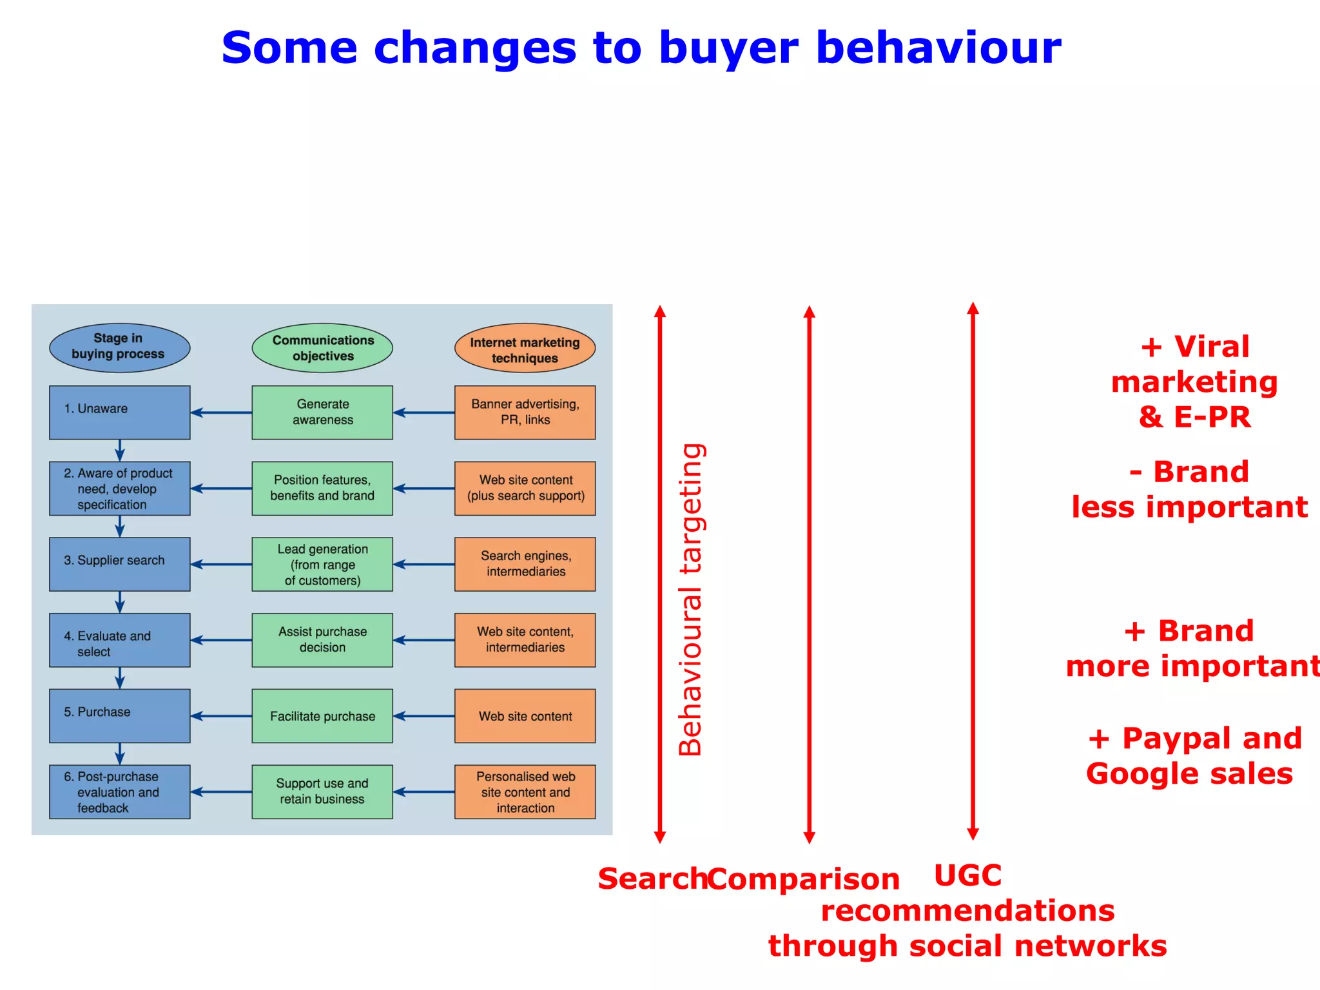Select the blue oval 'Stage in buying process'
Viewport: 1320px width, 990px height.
119,347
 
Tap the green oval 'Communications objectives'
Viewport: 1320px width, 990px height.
322,348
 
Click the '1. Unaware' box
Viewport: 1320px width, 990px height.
119,412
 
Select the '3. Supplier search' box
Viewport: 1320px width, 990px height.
119,563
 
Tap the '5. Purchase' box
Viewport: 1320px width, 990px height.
119,715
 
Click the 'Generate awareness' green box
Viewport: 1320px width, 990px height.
322,412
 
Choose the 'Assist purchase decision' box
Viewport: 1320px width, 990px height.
322,639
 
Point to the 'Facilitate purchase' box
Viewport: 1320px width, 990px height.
322,715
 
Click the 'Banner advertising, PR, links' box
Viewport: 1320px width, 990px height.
525,412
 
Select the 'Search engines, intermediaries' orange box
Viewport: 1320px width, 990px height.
525,563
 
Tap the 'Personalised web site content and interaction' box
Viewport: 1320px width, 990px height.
525,791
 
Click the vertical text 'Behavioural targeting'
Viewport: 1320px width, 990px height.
691,599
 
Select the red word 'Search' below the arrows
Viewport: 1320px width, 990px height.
652,879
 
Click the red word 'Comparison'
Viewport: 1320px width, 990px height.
803,879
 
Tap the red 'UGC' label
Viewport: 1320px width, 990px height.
967,876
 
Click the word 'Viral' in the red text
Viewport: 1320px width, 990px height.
1211,347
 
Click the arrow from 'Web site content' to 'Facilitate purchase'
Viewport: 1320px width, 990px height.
423,715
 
